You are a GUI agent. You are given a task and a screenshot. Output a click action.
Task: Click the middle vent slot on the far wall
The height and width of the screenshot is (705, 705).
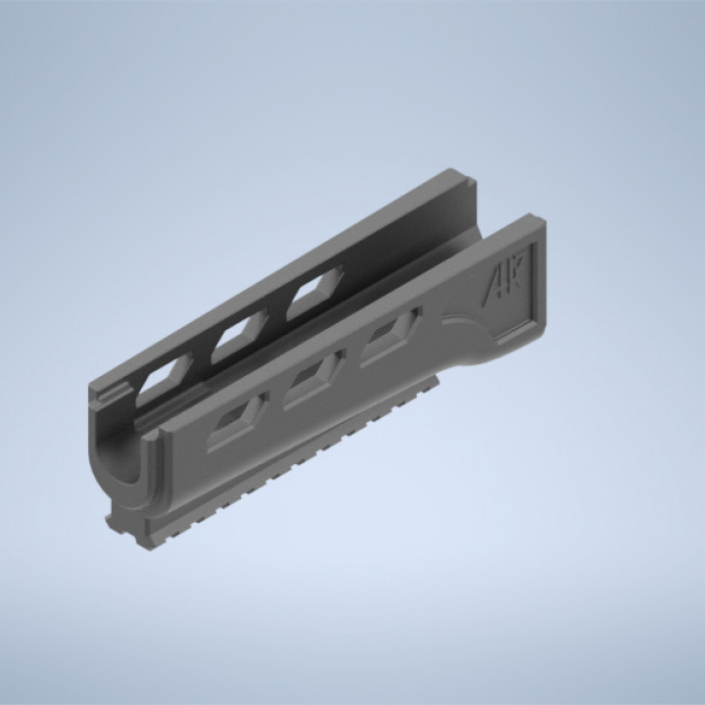coord(237,339)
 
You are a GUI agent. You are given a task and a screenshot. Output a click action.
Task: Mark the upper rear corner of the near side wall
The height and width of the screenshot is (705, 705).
coord(542,219)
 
